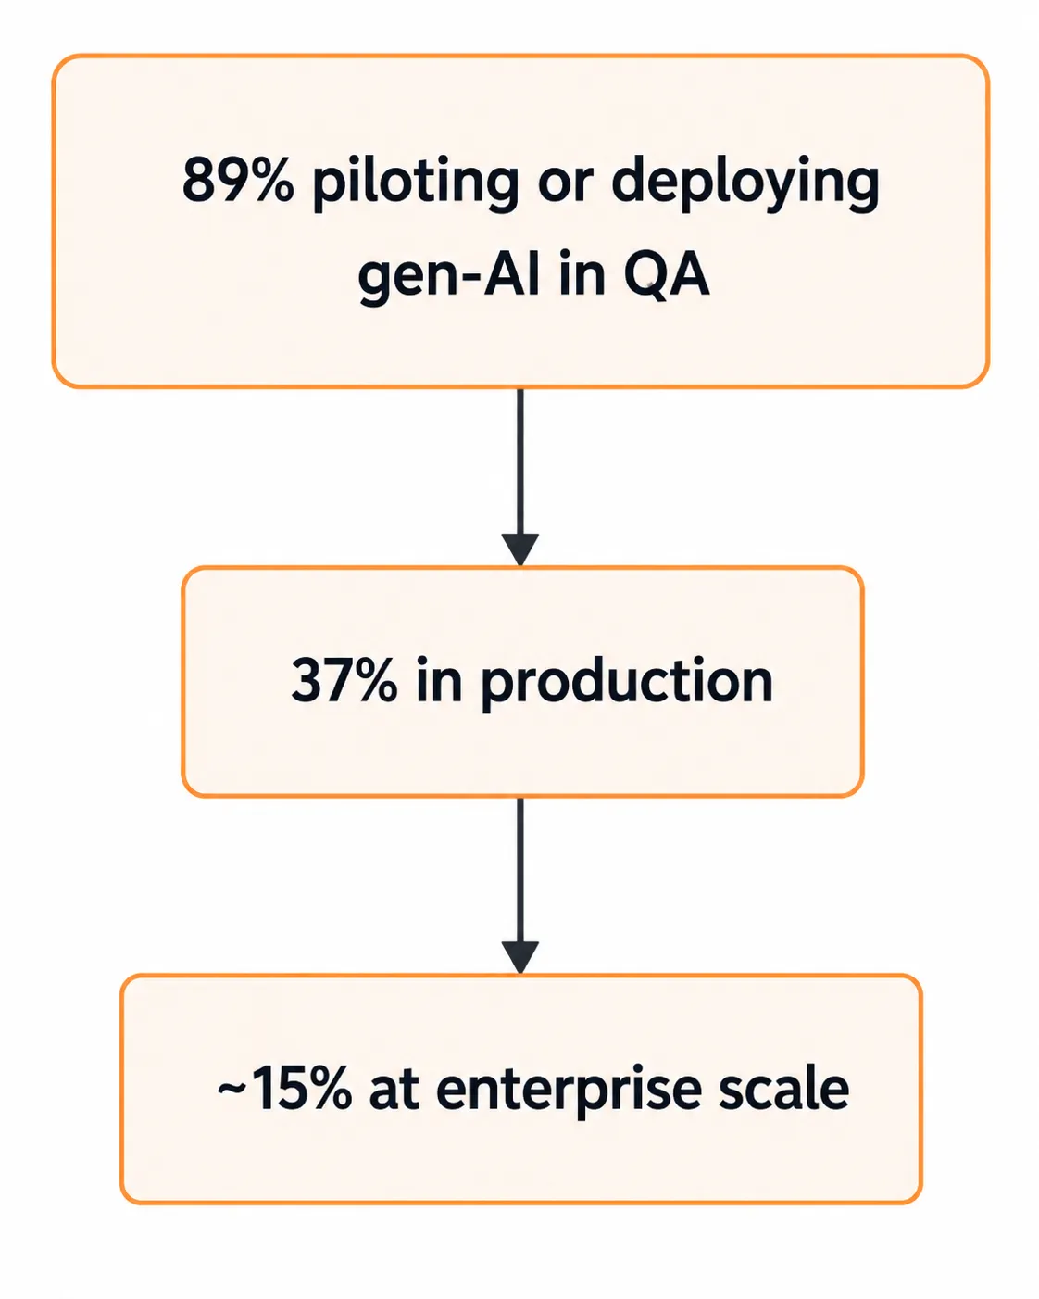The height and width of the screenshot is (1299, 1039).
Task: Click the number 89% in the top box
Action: (238, 180)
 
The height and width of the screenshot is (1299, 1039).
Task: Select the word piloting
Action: (416, 183)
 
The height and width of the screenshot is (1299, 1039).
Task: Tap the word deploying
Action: (745, 183)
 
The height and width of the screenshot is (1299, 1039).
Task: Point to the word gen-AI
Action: (449, 276)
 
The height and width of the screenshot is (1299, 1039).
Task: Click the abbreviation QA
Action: (667, 275)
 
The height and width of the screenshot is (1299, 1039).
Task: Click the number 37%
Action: (344, 680)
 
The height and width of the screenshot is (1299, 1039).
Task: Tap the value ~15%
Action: (284, 1089)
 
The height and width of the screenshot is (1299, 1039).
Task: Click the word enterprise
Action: (569, 1091)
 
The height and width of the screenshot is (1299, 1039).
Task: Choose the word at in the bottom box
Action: (394, 1091)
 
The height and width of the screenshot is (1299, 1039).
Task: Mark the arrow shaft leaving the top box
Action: (520, 461)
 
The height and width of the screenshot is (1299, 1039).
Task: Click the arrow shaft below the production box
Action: (520, 870)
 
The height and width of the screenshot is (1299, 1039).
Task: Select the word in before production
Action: (439, 680)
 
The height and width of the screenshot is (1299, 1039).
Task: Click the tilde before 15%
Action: (230, 1088)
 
